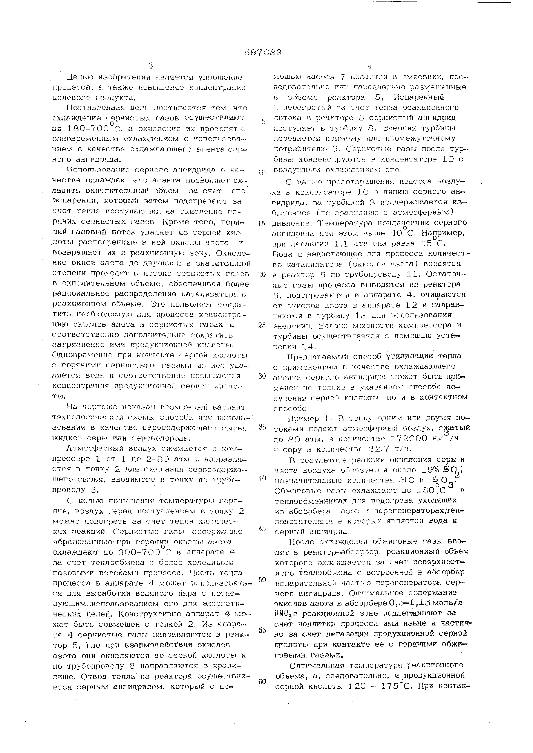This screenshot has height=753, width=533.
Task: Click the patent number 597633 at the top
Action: pyautogui.click(x=263, y=53)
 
